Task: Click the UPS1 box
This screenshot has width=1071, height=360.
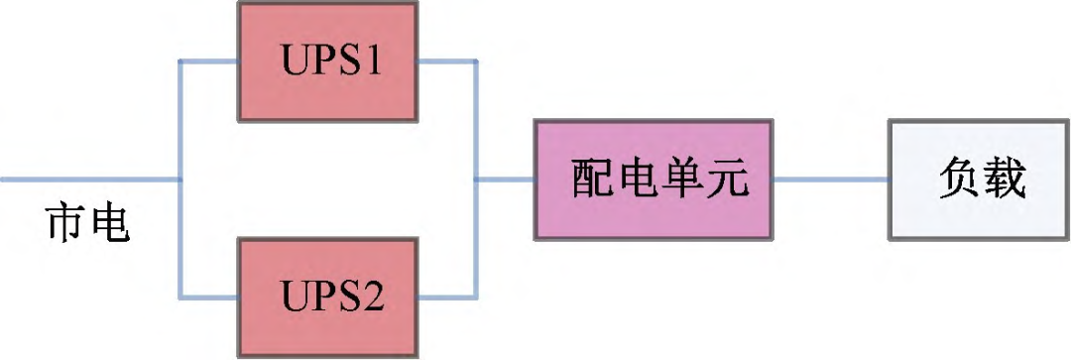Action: click(x=328, y=61)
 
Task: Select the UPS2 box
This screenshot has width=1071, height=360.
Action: click(x=328, y=297)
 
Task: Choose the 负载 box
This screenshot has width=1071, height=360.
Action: click(x=978, y=180)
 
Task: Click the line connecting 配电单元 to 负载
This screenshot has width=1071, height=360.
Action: click(x=830, y=180)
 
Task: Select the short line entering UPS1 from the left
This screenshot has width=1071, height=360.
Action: click(x=209, y=61)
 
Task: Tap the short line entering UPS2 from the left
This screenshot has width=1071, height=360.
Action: click(x=209, y=297)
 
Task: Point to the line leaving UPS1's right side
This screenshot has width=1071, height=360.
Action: click(x=447, y=61)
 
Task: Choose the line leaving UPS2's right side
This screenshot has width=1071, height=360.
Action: click(x=447, y=297)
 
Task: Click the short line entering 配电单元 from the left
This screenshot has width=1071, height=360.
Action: click(x=506, y=180)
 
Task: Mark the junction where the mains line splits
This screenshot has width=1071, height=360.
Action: click(x=179, y=180)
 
